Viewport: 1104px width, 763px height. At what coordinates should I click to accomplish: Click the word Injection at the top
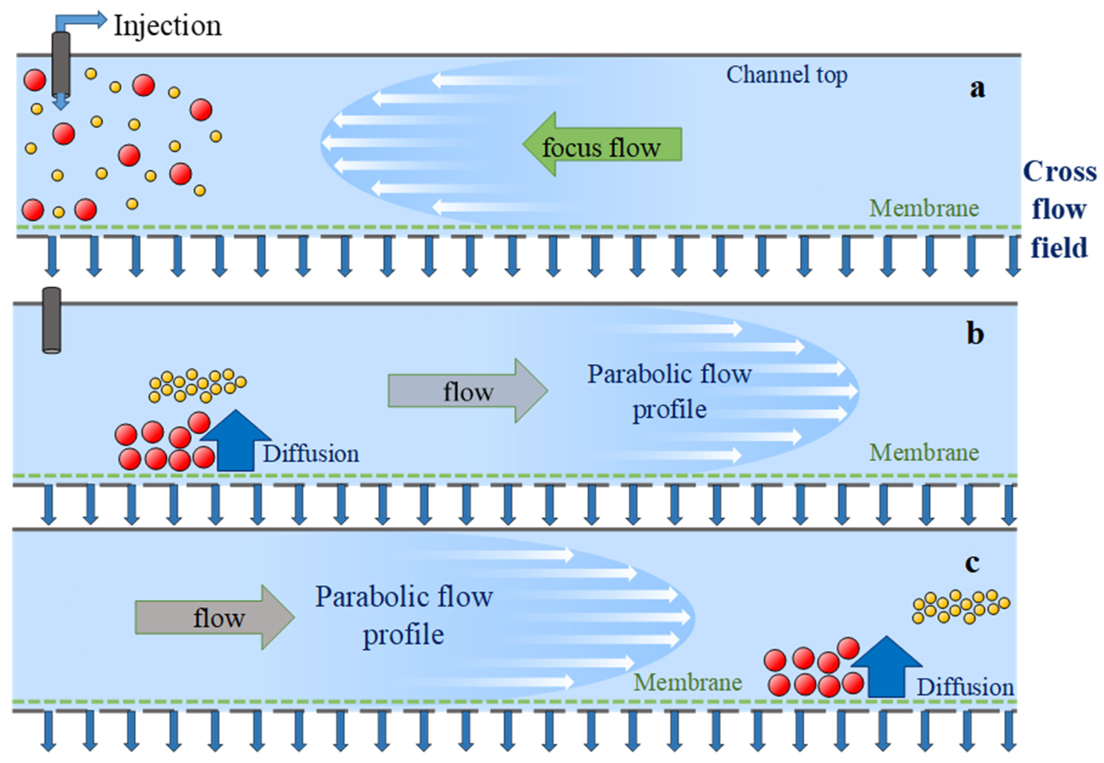(167, 26)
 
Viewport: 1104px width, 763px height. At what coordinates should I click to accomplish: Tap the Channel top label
(786, 75)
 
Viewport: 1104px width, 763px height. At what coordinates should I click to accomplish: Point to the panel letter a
(977, 88)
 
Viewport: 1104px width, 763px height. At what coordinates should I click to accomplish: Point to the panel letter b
(975, 334)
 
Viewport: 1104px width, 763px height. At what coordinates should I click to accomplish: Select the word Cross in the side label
(1059, 172)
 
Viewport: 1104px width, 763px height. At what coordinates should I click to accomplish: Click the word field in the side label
(1059, 248)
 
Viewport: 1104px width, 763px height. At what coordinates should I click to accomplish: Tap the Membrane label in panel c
(687, 682)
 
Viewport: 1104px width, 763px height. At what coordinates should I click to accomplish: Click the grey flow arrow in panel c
(214, 617)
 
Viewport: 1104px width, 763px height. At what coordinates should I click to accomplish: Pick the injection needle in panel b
(52, 320)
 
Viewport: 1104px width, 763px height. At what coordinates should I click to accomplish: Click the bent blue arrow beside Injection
(81, 20)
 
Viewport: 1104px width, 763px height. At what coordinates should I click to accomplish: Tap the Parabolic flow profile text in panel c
(404, 615)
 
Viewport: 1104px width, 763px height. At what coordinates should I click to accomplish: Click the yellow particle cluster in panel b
(197, 385)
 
